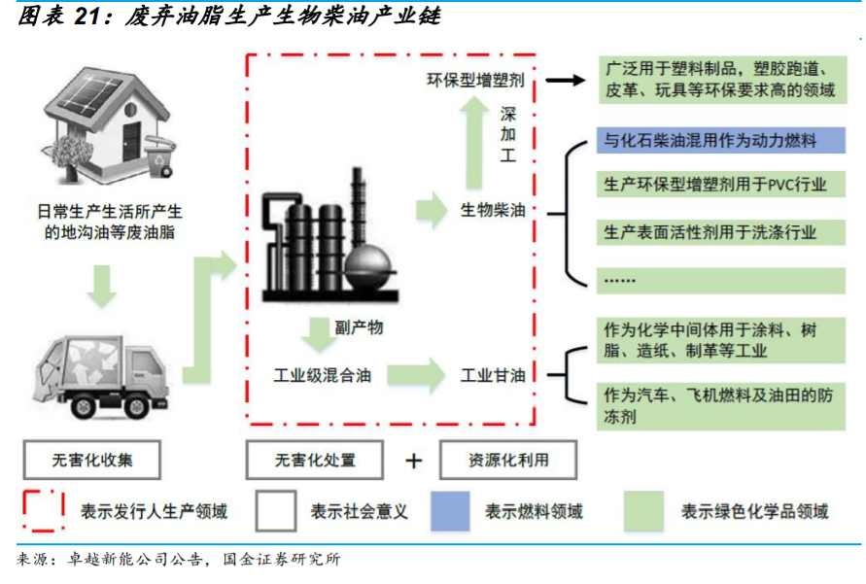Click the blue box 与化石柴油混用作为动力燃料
tap(719, 141)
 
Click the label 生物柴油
tap(493, 210)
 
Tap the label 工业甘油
tap(493, 375)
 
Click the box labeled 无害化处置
tap(314, 461)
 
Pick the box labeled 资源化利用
tap(508, 461)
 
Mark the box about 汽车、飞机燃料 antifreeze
tap(719, 407)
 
